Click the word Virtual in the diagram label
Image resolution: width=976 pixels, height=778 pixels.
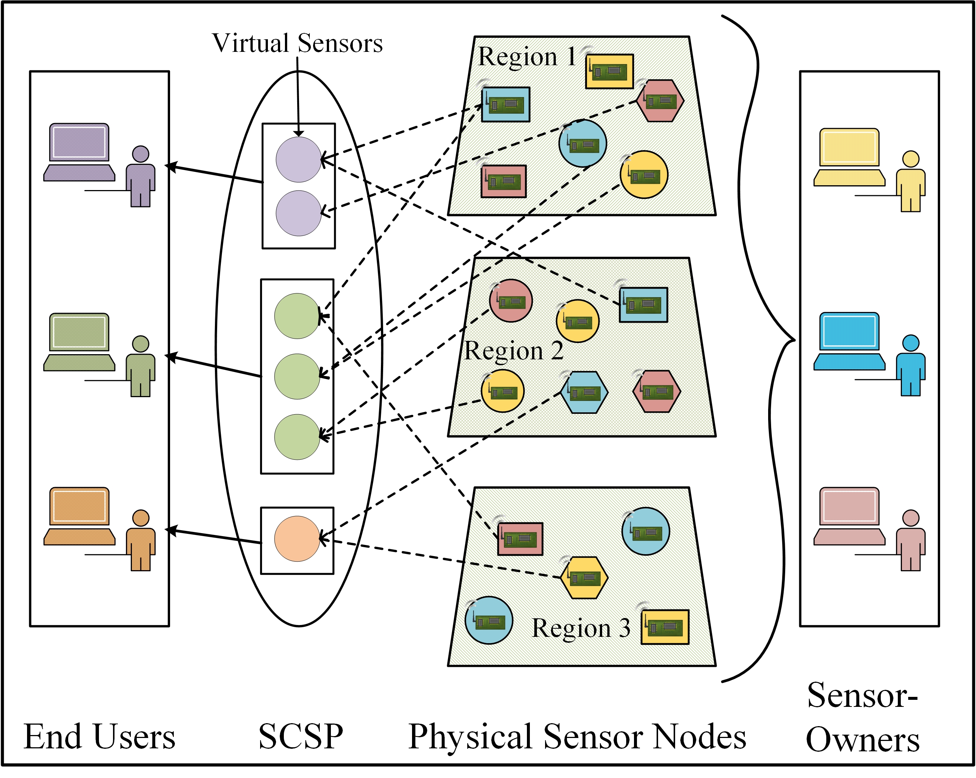click(250, 43)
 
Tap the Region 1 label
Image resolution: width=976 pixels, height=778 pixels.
click(527, 57)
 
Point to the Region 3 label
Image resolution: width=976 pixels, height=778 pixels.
click(581, 628)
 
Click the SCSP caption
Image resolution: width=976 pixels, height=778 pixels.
click(301, 737)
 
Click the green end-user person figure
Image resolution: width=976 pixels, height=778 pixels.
click(140, 367)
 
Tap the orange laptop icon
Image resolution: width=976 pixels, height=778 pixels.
click(79, 516)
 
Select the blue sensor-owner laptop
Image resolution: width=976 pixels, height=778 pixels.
click(849, 341)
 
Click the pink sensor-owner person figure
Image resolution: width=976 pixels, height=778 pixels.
click(910, 541)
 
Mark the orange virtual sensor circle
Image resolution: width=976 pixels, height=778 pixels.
click(297, 539)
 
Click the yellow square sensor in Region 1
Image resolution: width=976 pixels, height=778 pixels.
click(609, 72)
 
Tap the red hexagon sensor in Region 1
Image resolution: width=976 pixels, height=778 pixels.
click(660, 101)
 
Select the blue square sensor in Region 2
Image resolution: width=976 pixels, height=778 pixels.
click(643, 305)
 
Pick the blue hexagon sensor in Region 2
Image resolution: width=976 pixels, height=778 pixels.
click(584, 392)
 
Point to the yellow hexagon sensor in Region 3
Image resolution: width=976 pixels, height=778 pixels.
click(584, 578)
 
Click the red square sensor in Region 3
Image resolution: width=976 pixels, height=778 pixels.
click(520, 539)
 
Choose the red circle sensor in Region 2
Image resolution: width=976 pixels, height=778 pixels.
click(511, 300)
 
